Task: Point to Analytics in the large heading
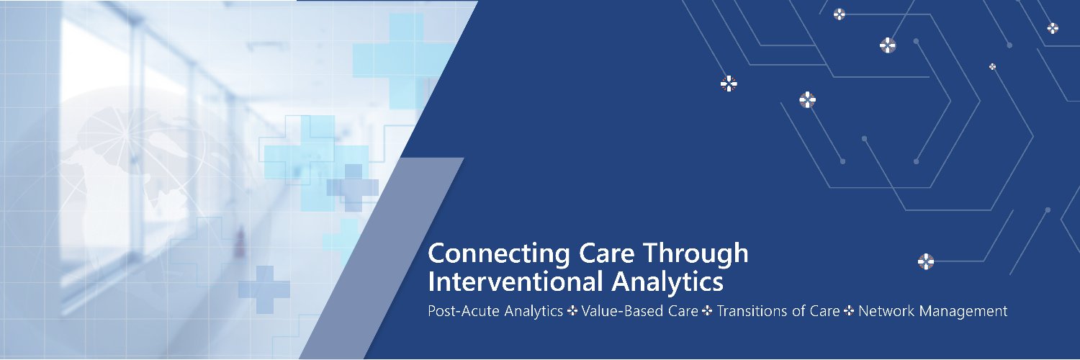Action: point(667,282)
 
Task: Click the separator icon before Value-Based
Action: point(572,312)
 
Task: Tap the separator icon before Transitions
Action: point(708,312)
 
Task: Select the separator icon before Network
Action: point(849,312)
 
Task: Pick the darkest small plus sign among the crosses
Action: point(352,186)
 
